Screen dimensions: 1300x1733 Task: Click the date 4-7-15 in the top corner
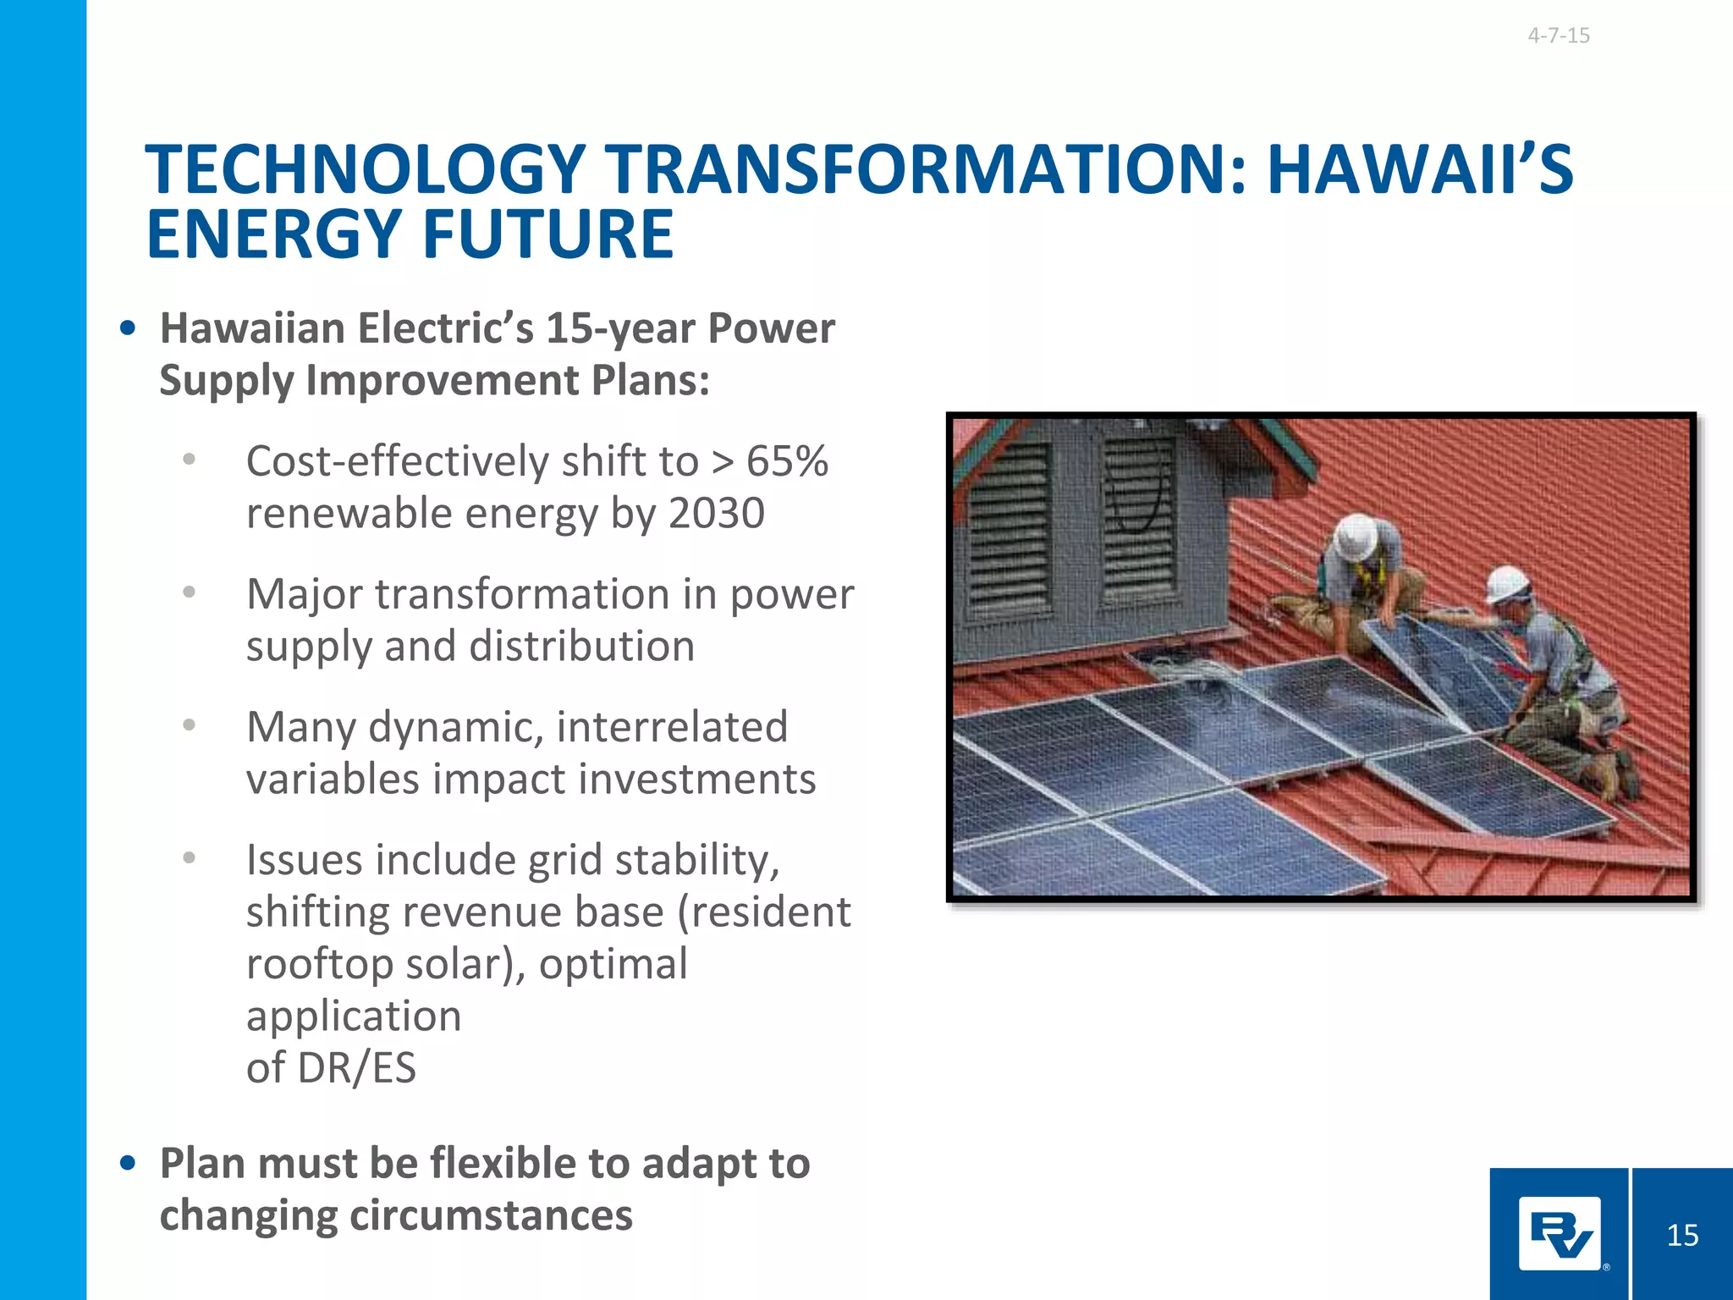pyautogui.click(x=1558, y=36)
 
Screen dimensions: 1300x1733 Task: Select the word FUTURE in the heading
pyautogui.click(x=547, y=234)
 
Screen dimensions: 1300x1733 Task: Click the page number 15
pyautogui.click(x=1682, y=1235)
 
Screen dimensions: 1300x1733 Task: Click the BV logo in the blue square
pyautogui.click(x=1560, y=1234)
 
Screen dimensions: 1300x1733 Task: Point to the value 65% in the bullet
pyautogui.click(x=786, y=461)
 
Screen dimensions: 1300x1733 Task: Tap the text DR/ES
pyautogui.click(x=356, y=1067)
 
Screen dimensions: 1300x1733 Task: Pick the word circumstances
pyautogui.click(x=491, y=1215)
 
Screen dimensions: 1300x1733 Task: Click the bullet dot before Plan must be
pyautogui.click(x=128, y=1164)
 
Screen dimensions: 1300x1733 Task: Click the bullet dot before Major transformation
pyautogui.click(x=190, y=592)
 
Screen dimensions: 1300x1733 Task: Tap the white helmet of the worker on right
pyautogui.click(x=1507, y=583)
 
